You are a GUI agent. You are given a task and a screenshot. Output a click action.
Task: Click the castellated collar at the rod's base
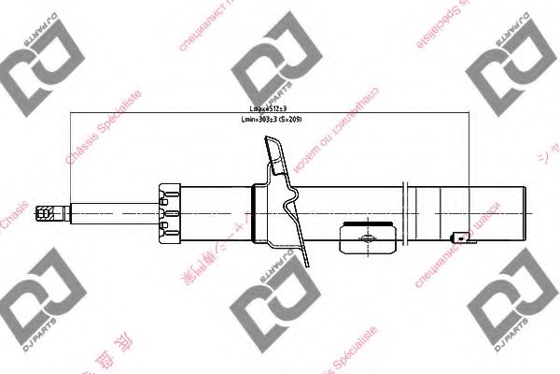coord(169,213)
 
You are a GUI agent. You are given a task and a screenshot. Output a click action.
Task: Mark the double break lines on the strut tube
coord(404,213)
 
